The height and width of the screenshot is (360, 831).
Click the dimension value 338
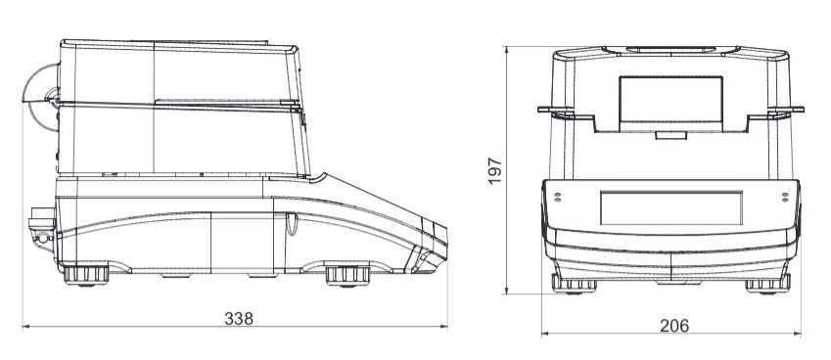click(x=239, y=319)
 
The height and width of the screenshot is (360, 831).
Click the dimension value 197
click(x=494, y=170)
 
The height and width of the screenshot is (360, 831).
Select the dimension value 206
click(x=674, y=326)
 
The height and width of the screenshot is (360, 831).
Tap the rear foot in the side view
click(x=86, y=275)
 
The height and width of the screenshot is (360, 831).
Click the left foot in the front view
click(x=574, y=284)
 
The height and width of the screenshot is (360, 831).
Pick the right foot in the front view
click(x=768, y=284)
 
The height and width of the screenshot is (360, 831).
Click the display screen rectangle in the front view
click(x=670, y=208)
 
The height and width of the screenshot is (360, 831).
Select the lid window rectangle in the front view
click(x=670, y=104)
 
